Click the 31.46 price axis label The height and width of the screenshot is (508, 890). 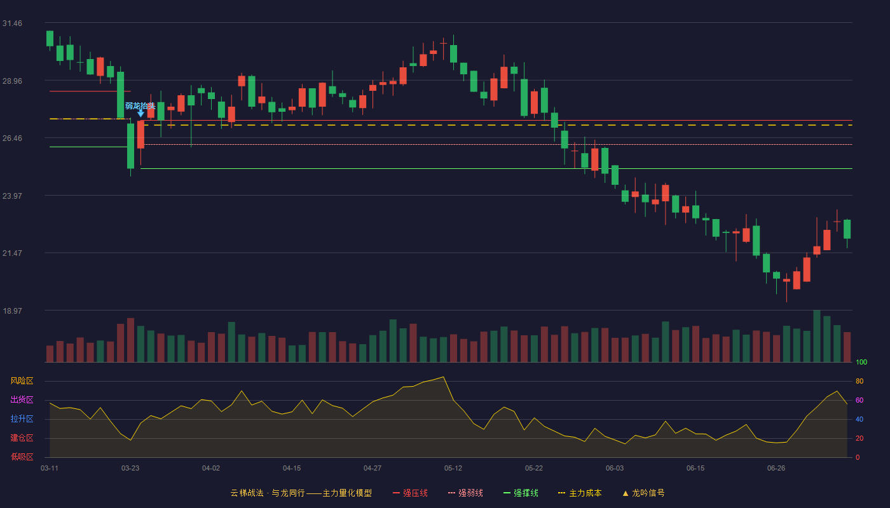click(x=12, y=23)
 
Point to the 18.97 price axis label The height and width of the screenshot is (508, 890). click(x=12, y=311)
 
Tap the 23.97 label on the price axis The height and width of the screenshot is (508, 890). click(x=12, y=196)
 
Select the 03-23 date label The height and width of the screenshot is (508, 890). click(x=130, y=469)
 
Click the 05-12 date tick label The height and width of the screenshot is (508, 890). click(x=453, y=469)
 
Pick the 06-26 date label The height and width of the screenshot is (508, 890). click(x=776, y=469)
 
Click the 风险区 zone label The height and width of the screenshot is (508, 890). click(x=22, y=381)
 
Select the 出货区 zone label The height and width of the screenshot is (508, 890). click(x=22, y=399)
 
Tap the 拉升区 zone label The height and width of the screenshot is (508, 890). click(x=22, y=418)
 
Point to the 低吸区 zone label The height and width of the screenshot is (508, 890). click(x=22, y=457)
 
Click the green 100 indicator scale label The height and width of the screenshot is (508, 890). click(x=861, y=362)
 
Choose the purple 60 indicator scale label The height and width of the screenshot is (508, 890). click(x=859, y=400)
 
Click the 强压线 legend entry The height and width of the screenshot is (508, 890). click(x=410, y=493)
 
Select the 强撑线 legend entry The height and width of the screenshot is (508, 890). click(x=521, y=493)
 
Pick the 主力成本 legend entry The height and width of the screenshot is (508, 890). click(x=580, y=493)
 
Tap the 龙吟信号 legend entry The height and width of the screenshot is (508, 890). click(x=643, y=493)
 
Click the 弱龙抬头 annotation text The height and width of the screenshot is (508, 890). click(x=140, y=105)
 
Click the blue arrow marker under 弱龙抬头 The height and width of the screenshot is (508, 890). click(x=140, y=114)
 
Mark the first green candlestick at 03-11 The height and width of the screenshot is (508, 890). click(x=50, y=39)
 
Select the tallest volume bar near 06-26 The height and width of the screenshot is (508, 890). click(x=817, y=336)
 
